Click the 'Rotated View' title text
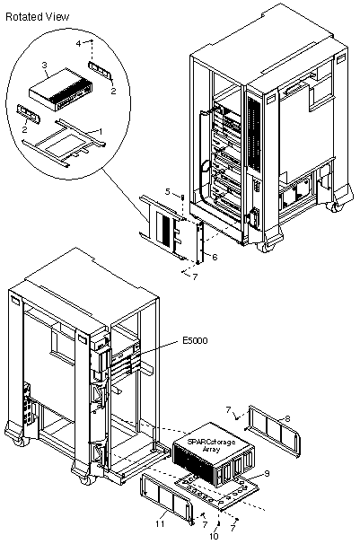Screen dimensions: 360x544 tap(37, 17)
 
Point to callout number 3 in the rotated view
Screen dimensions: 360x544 tap(44, 65)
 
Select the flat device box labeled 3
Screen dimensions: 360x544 tap(61, 90)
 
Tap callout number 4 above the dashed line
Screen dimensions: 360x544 tap(78, 43)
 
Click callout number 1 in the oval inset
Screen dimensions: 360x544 tap(101, 131)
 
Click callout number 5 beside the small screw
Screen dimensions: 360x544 tap(168, 191)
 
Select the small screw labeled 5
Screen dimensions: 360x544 tap(182, 197)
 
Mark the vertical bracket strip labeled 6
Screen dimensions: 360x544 tap(199, 243)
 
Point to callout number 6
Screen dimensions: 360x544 tap(215, 257)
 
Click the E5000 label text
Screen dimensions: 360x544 tap(195, 340)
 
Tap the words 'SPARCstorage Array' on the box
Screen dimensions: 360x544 tap(211, 445)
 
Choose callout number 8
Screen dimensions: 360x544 tap(286, 418)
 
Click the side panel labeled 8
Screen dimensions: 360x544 tap(272, 431)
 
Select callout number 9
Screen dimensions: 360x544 tap(267, 473)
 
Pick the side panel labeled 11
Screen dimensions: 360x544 tap(166, 499)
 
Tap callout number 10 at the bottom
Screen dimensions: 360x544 tap(214, 536)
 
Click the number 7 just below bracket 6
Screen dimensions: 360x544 tap(195, 276)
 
